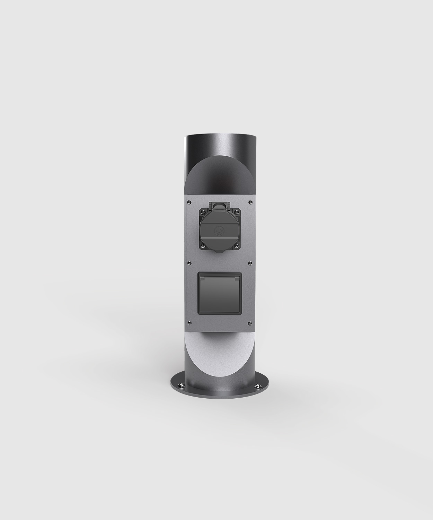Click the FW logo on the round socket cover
pos(218,230)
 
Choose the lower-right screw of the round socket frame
pos(236,245)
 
